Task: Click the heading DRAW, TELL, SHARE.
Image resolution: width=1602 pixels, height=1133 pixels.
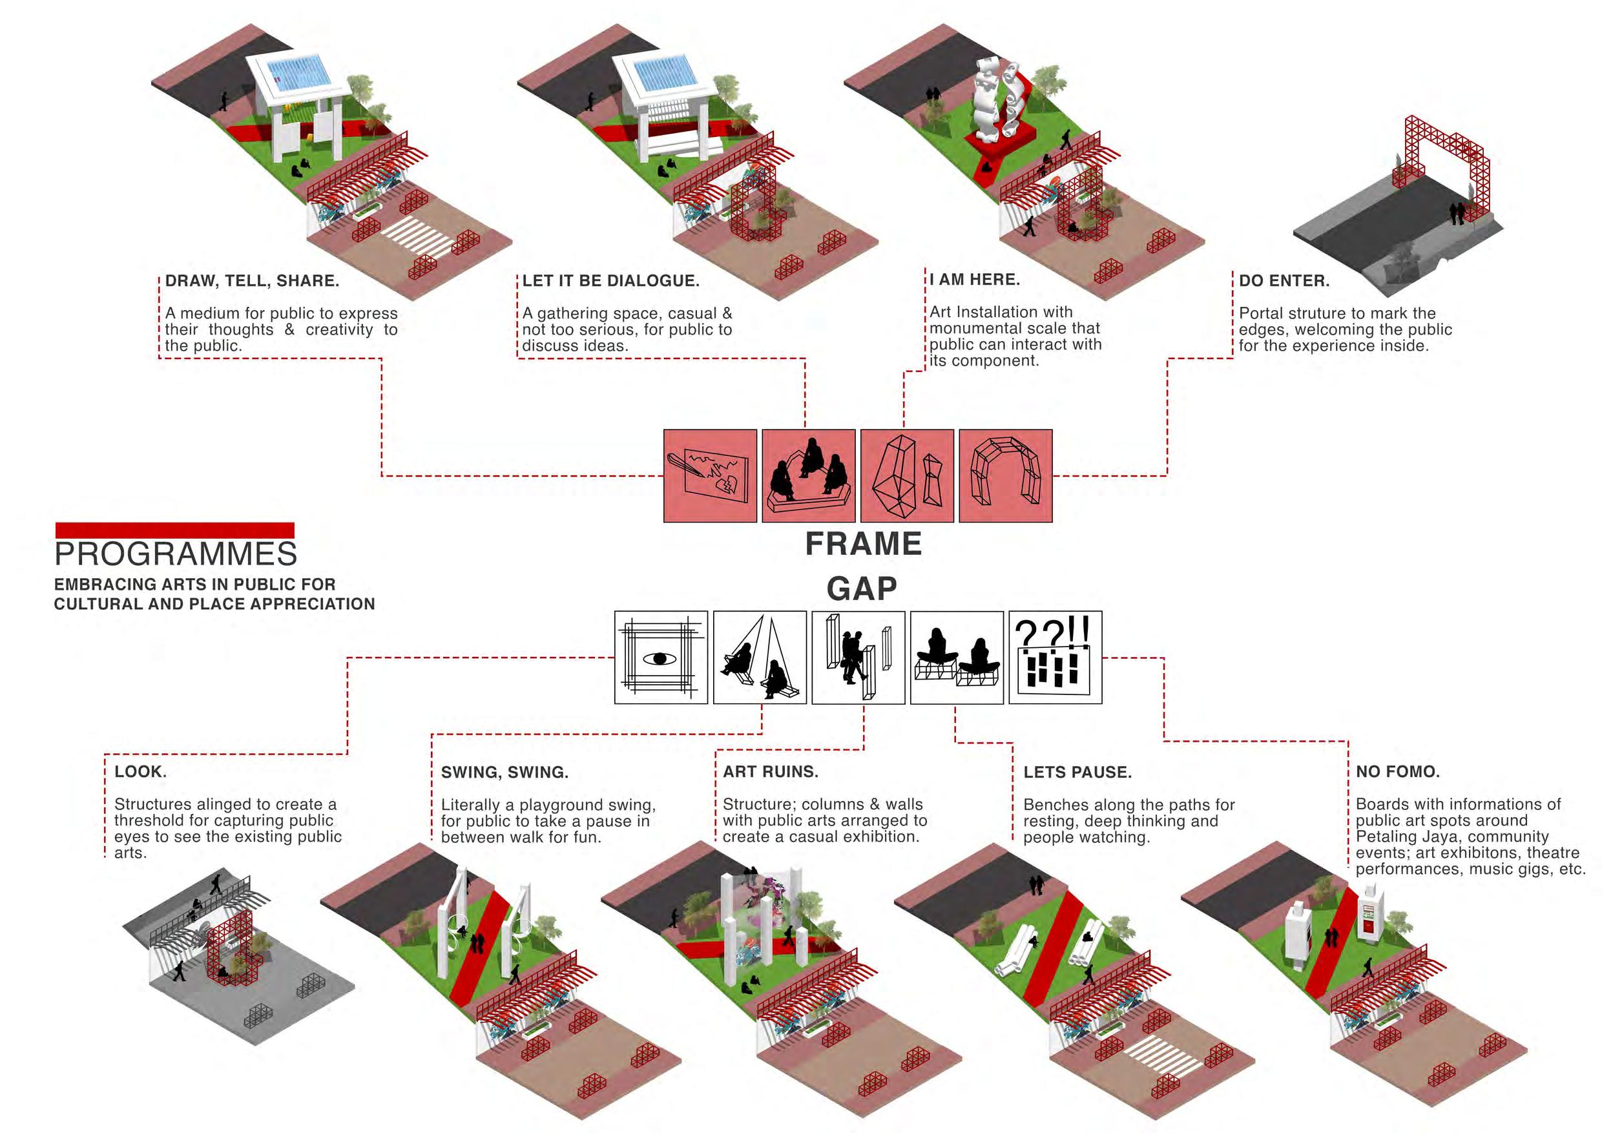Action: pos(252,281)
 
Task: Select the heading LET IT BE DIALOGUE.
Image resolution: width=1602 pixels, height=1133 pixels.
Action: pos(610,281)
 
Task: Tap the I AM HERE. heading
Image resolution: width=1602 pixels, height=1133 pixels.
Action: pos(975,280)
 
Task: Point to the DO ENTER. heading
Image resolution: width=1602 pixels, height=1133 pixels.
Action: pos(1284,281)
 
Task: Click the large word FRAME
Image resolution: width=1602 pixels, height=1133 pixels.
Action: pos(863,544)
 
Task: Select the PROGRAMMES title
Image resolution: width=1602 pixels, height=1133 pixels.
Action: pos(176,555)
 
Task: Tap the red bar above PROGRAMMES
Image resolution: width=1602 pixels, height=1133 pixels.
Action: pos(174,530)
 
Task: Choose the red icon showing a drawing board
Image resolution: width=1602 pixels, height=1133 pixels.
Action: pos(710,476)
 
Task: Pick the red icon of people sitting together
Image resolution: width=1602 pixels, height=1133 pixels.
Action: pos(808,476)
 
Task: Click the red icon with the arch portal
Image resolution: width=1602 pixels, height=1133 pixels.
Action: pos(1005,476)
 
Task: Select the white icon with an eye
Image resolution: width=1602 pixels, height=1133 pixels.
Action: pos(661,658)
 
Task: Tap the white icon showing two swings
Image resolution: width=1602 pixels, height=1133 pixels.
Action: pos(760,658)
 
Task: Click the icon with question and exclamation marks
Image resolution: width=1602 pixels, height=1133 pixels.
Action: pos(1055,658)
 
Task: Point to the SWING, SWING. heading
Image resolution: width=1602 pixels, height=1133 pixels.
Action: pos(505,773)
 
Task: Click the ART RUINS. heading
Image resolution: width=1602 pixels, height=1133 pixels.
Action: pos(770,772)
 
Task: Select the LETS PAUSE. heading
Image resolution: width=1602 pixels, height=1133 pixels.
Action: pos(1077,773)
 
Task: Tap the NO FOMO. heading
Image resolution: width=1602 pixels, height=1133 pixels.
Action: pos(1398,772)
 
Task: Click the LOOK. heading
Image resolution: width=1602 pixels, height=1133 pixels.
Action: pos(140,772)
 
